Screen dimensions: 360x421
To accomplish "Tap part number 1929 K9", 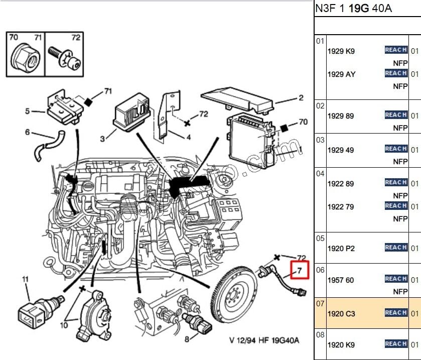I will pyautogui.click(x=341, y=51).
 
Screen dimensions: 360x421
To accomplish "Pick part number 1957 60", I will pyautogui.click(x=341, y=280).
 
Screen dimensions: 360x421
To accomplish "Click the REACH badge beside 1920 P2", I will pyautogui.click(x=395, y=248).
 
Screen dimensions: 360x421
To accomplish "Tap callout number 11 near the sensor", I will pyautogui.click(x=25, y=279).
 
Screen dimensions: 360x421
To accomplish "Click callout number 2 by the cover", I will pyautogui.click(x=301, y=98).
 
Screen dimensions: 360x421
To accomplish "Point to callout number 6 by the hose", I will pyautogui.click(x=28, y=133).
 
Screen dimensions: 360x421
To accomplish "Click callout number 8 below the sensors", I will pyautogui.click(x=187, y=339).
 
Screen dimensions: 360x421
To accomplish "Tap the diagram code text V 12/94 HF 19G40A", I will pyautogui.click(x=264, y=340).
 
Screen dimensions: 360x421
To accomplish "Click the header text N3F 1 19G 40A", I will pyautogui.click(x=353, y=9).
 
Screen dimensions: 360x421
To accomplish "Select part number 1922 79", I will pyautogui.click(x=341, y=207).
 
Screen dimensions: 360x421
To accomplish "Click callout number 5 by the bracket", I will pyautogui.click(x=28, y=111).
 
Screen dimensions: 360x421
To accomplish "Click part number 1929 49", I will pyautogui.click(x=341, y=150).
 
